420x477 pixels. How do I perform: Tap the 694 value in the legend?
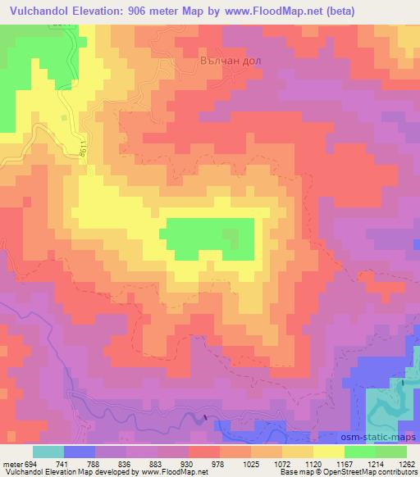point(30,464)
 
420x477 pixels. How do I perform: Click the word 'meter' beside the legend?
point(11,464)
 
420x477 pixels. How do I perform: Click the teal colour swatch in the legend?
point(48,452)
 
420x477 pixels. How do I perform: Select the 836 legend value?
point(108,464)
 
